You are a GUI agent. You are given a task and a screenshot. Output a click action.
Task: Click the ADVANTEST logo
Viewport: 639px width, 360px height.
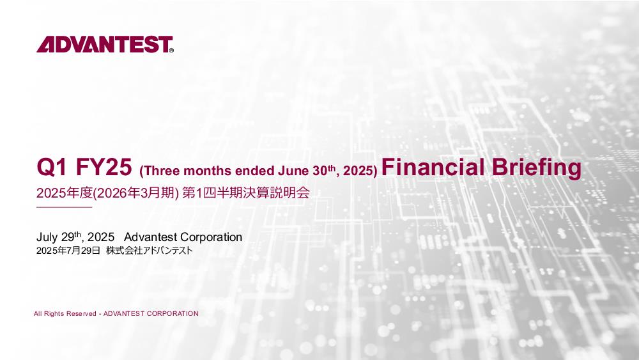[x=105, y=44]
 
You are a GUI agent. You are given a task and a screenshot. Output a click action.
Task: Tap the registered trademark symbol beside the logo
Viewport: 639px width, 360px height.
[x=171, y=50]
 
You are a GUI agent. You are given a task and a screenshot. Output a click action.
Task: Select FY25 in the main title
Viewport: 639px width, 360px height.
[x=104, y=167]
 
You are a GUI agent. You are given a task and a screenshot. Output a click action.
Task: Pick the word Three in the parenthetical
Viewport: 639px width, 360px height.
[x=160, y=171]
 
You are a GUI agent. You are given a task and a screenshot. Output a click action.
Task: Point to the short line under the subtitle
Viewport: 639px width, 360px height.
[x=65, y=207]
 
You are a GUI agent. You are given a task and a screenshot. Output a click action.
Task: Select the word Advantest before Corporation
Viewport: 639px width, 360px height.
[x=150, y=237]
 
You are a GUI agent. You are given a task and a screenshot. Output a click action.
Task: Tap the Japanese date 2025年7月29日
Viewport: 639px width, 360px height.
[x=68, y=251]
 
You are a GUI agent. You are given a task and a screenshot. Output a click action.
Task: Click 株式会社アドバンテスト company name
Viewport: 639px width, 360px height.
[x=149, y=251]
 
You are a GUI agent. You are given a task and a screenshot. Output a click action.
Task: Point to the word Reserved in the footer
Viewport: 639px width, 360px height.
[x=81, y=313]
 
